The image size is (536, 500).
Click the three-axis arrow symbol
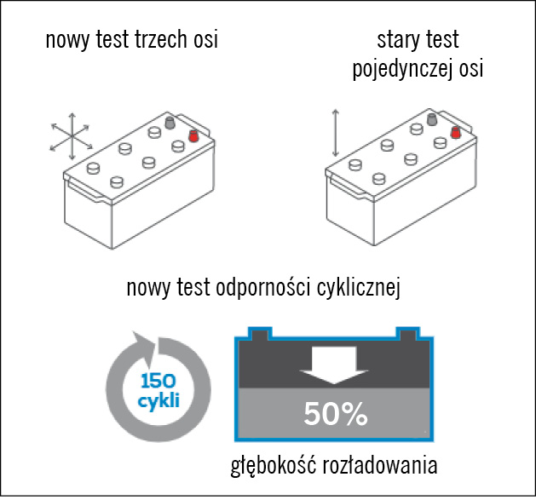pyautogui.click(x=71, y=136)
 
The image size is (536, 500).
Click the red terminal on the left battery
pyautogui.click(x=193, y=135)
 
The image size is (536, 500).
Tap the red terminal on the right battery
pyautogui.click(x=457, y=133)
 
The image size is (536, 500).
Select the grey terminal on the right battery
pyautogui.click(x=432, y=119)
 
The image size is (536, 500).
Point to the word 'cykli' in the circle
pyautogui.click(x=158, y=399)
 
